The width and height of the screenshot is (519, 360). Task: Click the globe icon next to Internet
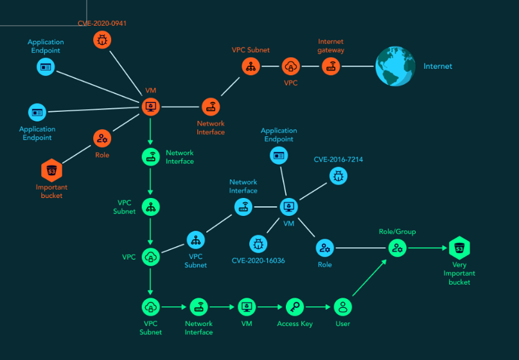point(394,66)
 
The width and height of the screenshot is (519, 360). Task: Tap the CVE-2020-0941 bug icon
point(102,40)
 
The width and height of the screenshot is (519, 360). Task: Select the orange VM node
point(150,106)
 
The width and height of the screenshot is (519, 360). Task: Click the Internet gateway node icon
point(331,66)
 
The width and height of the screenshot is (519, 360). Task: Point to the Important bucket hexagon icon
point(51,171)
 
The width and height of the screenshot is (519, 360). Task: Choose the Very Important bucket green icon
point(459,248)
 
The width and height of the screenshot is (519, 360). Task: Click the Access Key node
point(295,307)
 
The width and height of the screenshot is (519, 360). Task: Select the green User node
point(343,307)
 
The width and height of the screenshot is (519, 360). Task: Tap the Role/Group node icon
point(398,248)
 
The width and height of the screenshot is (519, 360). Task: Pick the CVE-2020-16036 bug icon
point(258,243)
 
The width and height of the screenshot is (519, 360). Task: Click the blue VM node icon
point(289,207)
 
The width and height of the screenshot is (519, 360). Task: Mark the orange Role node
point(101,138)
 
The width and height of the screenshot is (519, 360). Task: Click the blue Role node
point(324,248)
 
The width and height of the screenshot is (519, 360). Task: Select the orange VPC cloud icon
point(291,66)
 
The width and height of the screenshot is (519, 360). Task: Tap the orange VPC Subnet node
point(251,66)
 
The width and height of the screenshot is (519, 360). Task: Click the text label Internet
point(437,66)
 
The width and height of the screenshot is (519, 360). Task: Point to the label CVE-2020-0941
point(102,23)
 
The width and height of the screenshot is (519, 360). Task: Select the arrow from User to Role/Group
point(370,278)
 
